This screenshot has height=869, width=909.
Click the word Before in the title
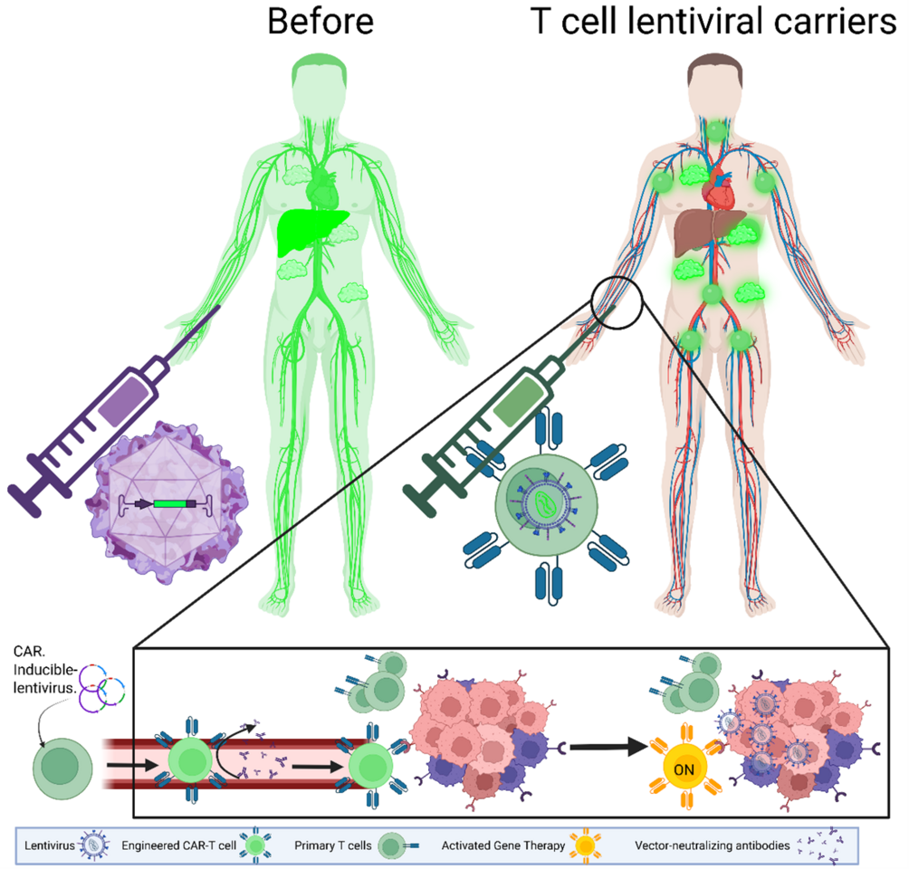coord(320,21)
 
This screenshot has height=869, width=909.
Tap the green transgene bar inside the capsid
coord(168,502)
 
